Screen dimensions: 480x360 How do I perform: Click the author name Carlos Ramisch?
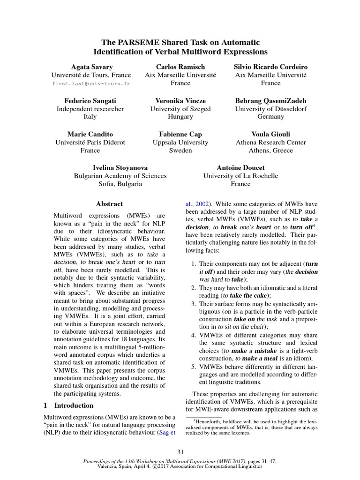(x=180, y=67)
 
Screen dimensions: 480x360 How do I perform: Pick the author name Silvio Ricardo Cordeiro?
(x=270, y=67)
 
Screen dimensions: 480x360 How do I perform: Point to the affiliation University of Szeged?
(x=180, y=109)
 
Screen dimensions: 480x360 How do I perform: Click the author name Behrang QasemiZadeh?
(x=270, y=101)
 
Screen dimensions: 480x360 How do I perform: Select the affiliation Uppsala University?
(x=180, y=142)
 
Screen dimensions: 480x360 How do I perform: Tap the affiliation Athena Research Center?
(x=270, y=142)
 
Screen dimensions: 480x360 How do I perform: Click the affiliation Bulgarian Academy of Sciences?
(x=120, y=176)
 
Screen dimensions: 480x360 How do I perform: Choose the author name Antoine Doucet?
(x=240, y=168)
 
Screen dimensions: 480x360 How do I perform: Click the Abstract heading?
(x=109, y=204)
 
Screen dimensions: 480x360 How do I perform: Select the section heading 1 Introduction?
(x=68, y=405)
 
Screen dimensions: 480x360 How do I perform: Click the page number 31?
(x=180, y=452)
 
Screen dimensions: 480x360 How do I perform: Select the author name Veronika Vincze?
(x=180, y=101)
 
